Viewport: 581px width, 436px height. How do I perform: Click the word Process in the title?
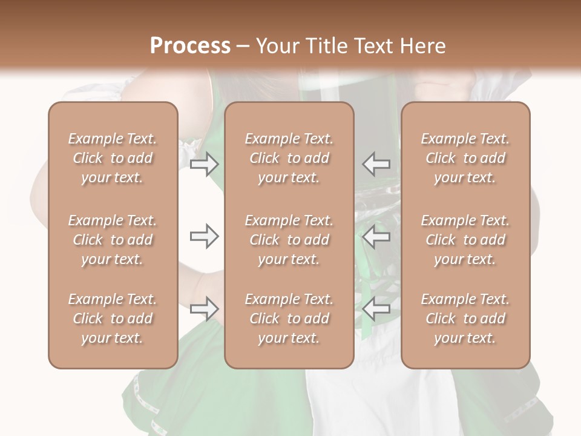[x=190, y=46]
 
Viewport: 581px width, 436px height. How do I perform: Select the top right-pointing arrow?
[x=204, y=163]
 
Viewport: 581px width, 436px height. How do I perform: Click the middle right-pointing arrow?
[x=204, y=236]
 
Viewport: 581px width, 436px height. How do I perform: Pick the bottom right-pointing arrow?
[x=204, y=309]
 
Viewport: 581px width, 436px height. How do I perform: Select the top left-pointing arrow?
[x=376, y=163]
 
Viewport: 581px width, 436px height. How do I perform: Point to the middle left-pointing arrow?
[x=376, y=236]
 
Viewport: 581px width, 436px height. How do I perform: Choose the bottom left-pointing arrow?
[x=376, y=309]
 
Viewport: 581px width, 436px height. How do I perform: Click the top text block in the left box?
[x=113, y=158]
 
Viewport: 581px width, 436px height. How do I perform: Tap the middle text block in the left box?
[x=113, y=240]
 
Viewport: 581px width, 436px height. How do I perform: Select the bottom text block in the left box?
[x=113, y=319]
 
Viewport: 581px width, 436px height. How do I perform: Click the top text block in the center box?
[x=289, y=158]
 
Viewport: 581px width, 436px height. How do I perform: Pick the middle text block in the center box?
[x=289, y=240]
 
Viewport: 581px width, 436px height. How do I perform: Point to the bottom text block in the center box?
[x=289, y=319]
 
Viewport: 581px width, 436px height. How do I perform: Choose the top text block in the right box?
[x=465, y=158]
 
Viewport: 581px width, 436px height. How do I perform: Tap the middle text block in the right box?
[x=465, y=240]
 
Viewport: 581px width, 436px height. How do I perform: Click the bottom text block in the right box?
[x=465, y=319]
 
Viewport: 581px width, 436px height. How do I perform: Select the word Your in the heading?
[x=275, y=46]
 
